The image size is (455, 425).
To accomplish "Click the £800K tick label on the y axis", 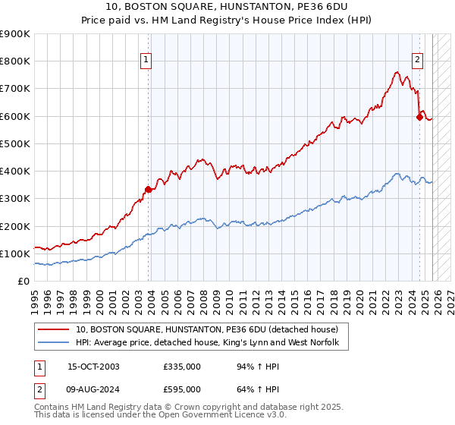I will coord(15,61).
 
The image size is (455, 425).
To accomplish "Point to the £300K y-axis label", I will coord(15,199).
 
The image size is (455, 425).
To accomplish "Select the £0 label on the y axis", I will coord(23,282).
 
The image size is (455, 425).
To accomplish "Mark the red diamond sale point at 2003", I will coord(149,190).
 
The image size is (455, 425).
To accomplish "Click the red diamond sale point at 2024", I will coord(419,118).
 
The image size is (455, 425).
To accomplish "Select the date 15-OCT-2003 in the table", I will coord(93,367).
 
